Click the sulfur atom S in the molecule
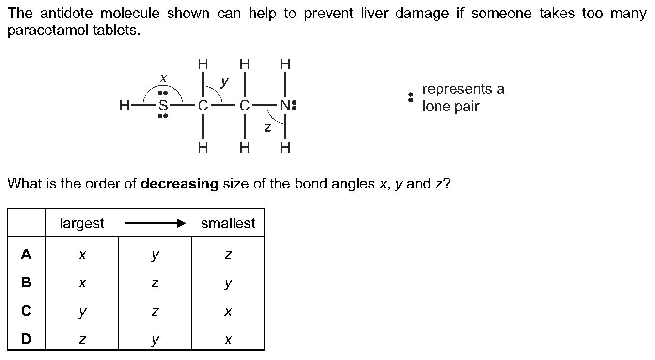[x=163, y=105]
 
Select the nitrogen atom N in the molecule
[x=285, y=105]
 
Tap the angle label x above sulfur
[x=164, y=78]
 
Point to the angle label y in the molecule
[x=224, y=82]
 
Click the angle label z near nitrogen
[x=267, y=127]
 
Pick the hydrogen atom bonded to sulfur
[x=124, y=105]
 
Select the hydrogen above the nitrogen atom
[x=285, y=64]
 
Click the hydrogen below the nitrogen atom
[x=285, y=148]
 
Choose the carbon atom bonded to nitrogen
[x=244, y=105]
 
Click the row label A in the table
[x=26, y=254]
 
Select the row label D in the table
[x=26, y=339]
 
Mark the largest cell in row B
[x=82, y=283]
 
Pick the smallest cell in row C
[x=228, y=311]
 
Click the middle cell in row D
[x=155, y=339]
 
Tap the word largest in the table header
[x=82, y=223]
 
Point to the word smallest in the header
[x=228, y=223]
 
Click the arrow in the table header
[x=155, y=223]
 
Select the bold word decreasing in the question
[x=180, y=184]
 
